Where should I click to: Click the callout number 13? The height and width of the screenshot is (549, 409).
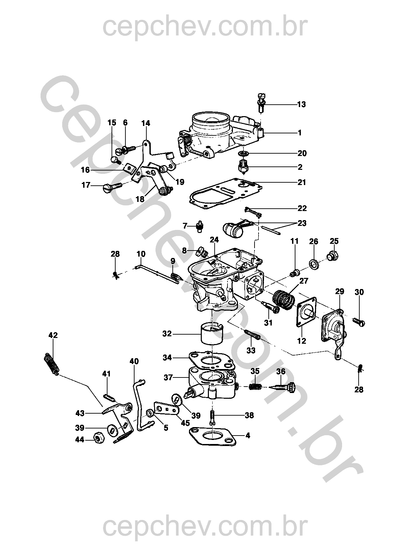tap(301, 104)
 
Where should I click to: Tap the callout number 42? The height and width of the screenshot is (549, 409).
tap(53, 335)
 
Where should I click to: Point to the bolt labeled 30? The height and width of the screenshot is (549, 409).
tap(359, 322)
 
